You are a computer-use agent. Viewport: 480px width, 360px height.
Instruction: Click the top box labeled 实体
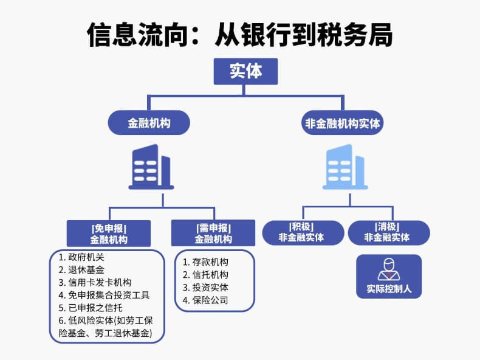[x=245, y=71]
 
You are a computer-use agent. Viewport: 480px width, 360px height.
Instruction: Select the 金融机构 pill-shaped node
[x=149, y=123]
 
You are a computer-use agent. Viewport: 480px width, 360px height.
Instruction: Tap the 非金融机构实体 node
[x=343, y=123]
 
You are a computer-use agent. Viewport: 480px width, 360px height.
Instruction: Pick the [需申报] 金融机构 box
[x=213, y=234]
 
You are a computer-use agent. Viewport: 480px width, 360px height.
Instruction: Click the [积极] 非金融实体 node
[x=301, y=232]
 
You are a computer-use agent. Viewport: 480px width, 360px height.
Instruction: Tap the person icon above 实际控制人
[x=389, y=269]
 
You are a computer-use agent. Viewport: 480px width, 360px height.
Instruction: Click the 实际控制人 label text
[x=389, y=289]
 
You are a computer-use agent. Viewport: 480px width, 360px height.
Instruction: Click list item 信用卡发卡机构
[x=99, y=282]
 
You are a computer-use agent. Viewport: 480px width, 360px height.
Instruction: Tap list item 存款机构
[x=210, y=262]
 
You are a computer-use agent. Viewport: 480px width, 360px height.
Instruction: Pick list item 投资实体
[x=210, y=288]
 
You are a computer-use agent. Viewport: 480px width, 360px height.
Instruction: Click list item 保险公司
[x=210, y=300]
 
